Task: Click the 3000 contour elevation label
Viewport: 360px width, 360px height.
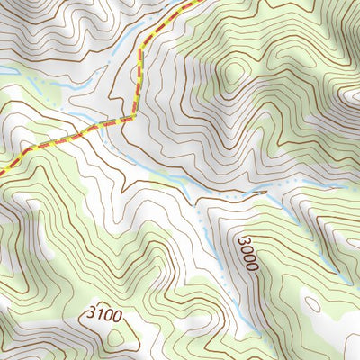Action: point(248,254)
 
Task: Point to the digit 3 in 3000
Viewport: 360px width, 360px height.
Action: point(246,240)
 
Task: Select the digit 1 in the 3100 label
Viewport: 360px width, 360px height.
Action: point(100,315)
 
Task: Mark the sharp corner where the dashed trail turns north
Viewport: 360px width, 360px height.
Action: point(136,115)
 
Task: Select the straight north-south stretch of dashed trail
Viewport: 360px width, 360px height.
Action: point(139,81)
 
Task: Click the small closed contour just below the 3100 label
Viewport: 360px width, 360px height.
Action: point(117,338)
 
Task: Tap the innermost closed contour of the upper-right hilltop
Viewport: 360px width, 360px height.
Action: point(236,74)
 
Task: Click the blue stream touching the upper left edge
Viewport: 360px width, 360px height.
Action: point(7,70)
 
